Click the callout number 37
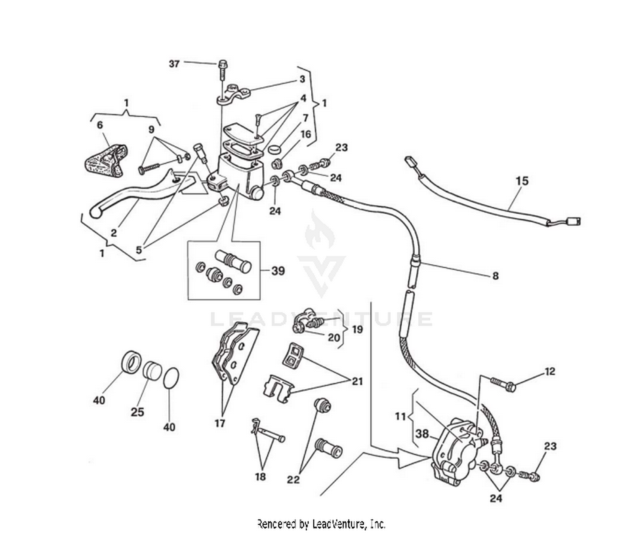click(174, 64)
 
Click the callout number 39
click(278, 271)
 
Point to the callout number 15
click(522, 181)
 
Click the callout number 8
click(495, 276)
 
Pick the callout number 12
click(550, 371)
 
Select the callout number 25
click(137, 412)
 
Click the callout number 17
click(220, 423)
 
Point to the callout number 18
click(260, 477)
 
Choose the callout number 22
click(293, 480)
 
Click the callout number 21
click(357, 381)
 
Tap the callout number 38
click(422, 434)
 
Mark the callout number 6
click(100, 125)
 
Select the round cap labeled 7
click(274, 149)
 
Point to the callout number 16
click(305, 134)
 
